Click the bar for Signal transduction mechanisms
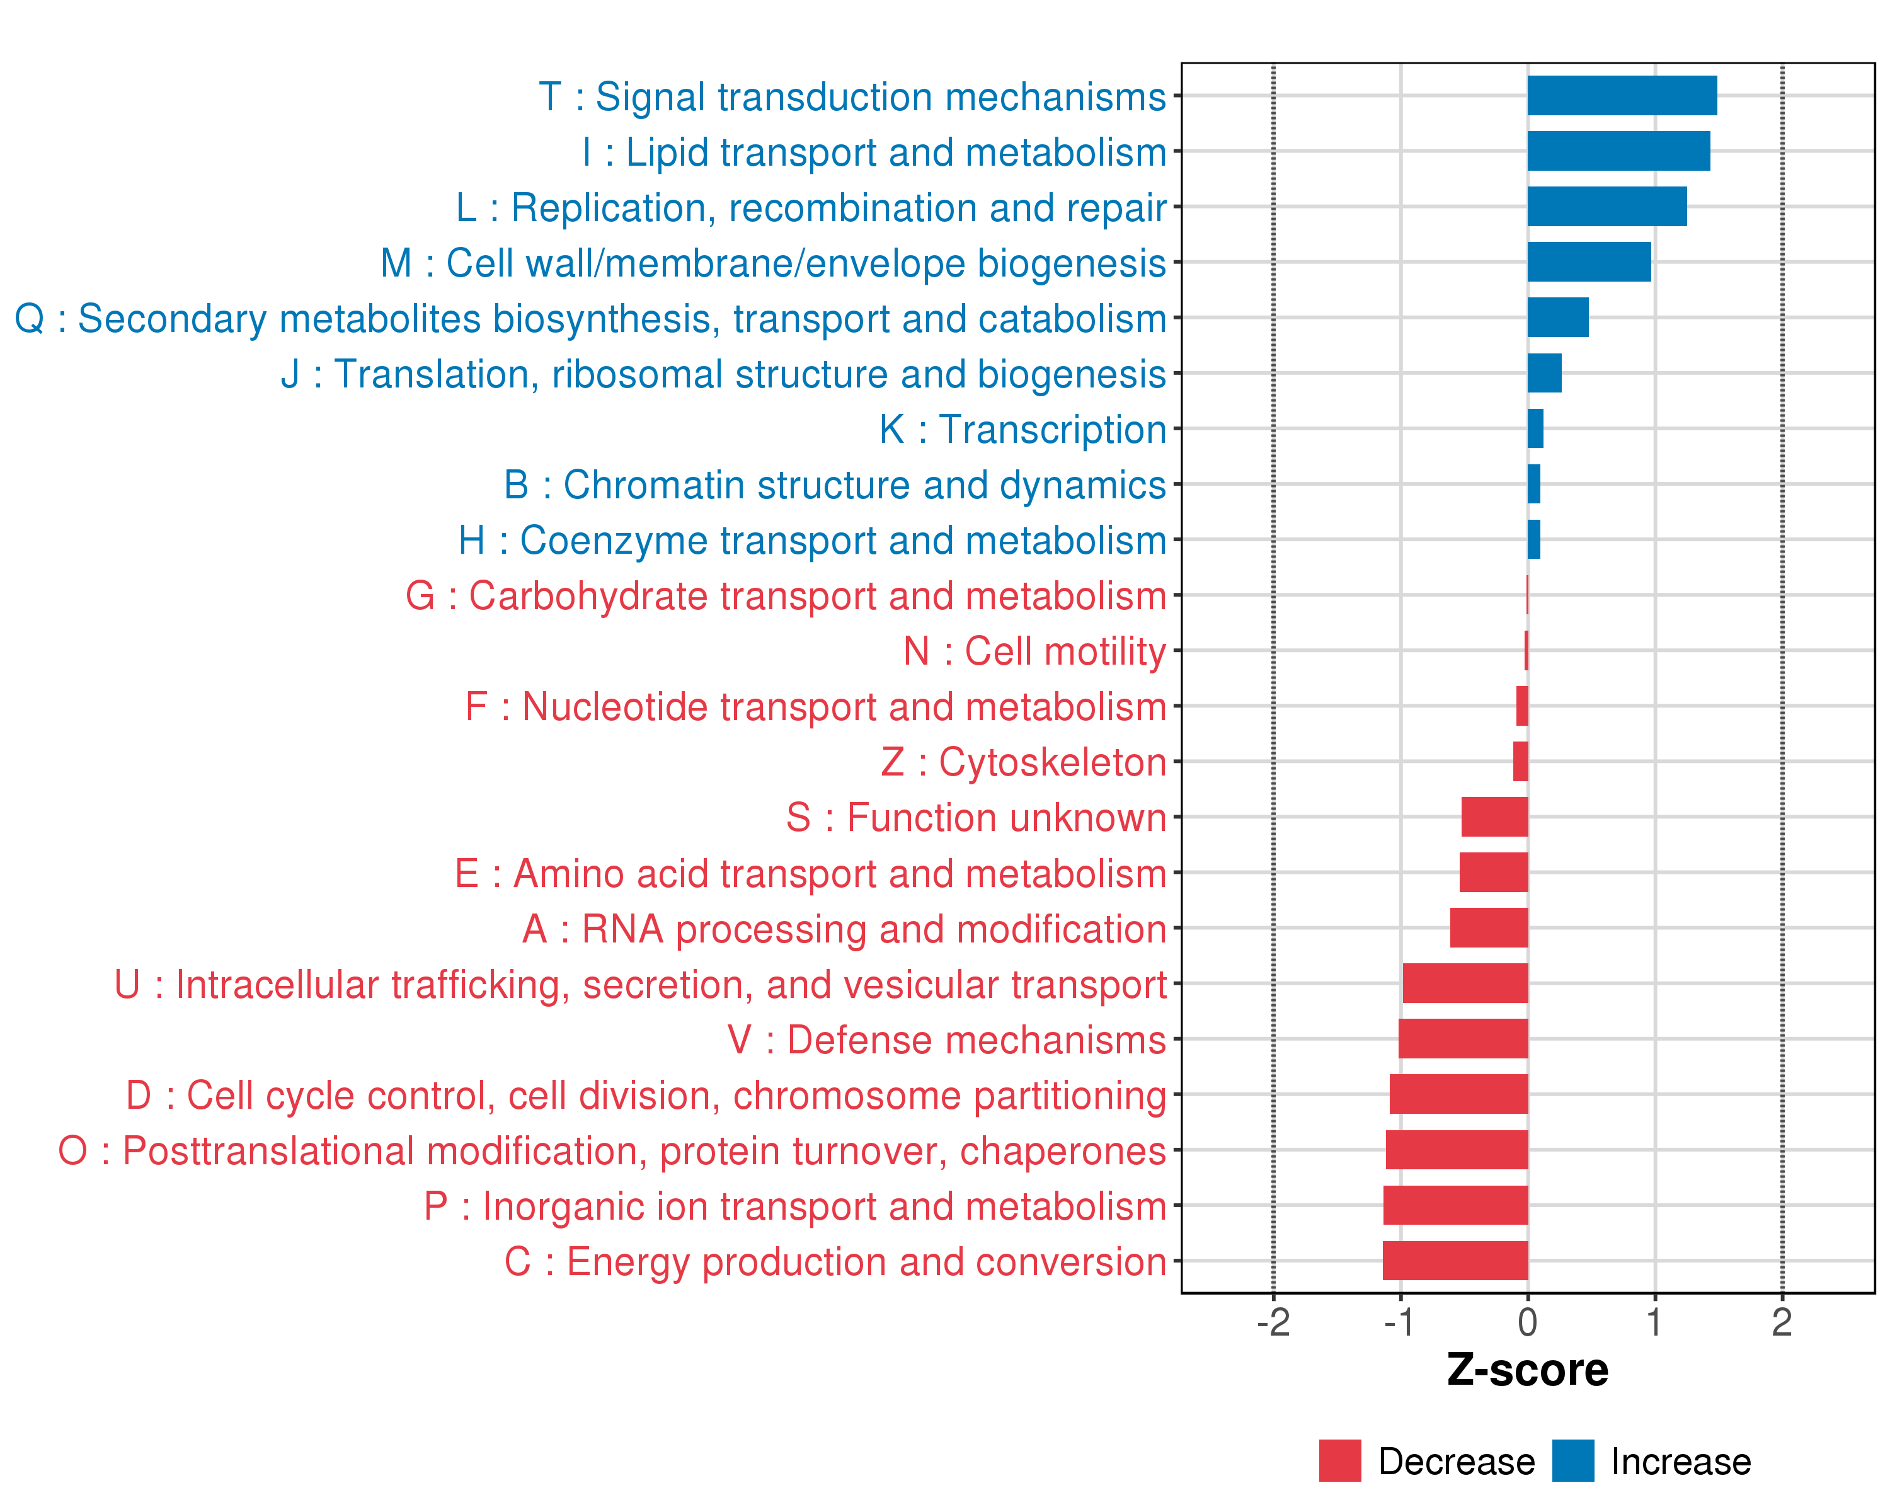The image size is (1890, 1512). (x=1622, y=96)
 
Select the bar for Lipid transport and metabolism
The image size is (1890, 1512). (x=1618, y=151)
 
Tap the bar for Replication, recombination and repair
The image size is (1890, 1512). (x=1607, y=207)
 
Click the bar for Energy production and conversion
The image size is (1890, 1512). (x=1455, y=1261)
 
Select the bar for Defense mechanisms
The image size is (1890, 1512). (x=1463, y=1039)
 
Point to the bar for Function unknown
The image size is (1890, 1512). (x=1494, y=817)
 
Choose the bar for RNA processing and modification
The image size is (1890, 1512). (x=1489, y=927)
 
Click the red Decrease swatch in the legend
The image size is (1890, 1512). (x=1339, y=1460)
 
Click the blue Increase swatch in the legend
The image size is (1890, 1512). (x=1572, y=1460)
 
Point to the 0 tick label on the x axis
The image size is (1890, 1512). (x=1527, y=1322)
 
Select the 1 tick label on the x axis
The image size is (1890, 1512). (x=1654, y=1322)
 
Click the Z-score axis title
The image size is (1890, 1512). (x=1527, y=1370)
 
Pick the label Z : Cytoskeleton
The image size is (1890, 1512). (x=1023, y=762)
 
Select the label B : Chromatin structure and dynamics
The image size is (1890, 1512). (x=835, y=484)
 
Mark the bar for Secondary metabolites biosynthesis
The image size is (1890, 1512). (x=1558, y=318)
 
